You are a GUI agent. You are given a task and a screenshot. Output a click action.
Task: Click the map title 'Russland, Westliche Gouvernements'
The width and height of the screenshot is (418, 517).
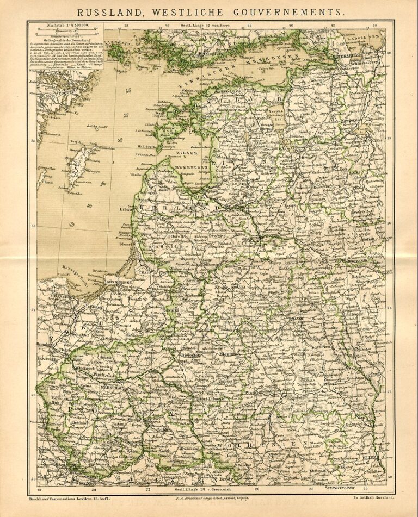209,10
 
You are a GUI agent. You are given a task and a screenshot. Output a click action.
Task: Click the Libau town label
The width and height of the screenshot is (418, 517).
125,209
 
